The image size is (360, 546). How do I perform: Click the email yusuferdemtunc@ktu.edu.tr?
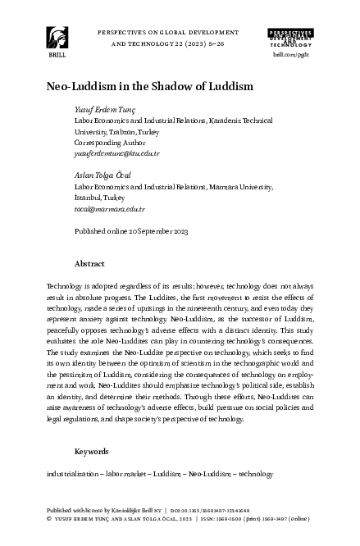pyautogui.click(x=116, y=152)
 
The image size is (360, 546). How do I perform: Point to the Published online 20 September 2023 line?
pyautogui.click(x=131, y=232)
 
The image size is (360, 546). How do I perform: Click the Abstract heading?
pyautogui.click(x=89, y=265)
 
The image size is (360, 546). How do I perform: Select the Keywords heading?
pyautogui.click(x=92, y=452)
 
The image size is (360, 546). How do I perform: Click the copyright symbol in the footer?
pyautogui.click(x=51, y=518)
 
